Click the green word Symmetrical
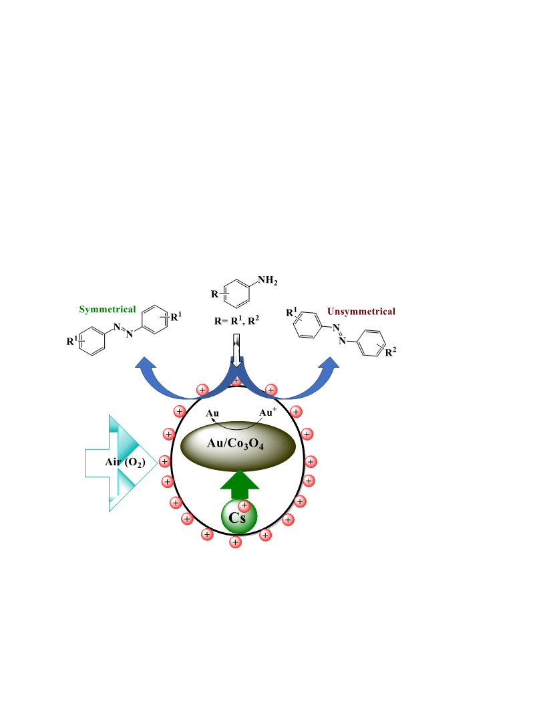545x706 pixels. (108, 310)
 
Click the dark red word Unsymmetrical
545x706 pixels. (361, 312)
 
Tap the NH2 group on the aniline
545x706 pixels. (268, 281)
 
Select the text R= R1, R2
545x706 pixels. (236, 321)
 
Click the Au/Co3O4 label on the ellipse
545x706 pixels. (235, 444)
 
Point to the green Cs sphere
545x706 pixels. (239, 517)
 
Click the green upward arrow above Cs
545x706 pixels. (240, 484)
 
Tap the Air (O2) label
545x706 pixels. (125, 463)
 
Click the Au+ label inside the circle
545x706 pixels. (268, 412)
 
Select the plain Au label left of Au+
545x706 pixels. (212, 413)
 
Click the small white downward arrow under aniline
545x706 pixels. (236, 350)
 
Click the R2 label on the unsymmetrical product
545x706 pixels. (390, 352)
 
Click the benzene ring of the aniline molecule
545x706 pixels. (236, 293)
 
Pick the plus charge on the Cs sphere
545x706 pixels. (244, 505)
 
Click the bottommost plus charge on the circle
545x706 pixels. (235, 542)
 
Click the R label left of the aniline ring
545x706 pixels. (214, 294)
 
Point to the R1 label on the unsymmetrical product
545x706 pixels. (291, 312)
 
